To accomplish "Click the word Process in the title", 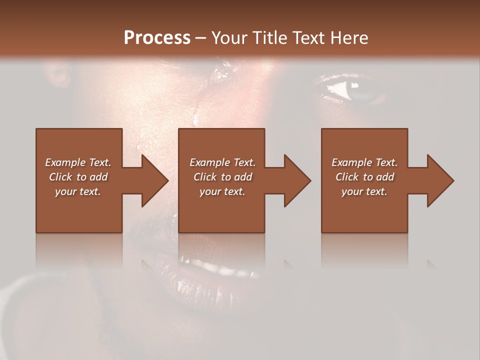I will (157, 38).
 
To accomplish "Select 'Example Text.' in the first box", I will (78, 162).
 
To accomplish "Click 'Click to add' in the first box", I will (78, 177).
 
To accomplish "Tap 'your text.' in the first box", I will (78, 191).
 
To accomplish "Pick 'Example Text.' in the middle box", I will (222, 162).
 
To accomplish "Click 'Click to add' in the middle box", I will (222, 177).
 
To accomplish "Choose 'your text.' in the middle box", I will (222, 191).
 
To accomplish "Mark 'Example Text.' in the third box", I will (364, 162).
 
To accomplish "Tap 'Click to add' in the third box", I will (364, 177).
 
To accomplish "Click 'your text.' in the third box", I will (364, 191).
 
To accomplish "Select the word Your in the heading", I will (228, 38).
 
